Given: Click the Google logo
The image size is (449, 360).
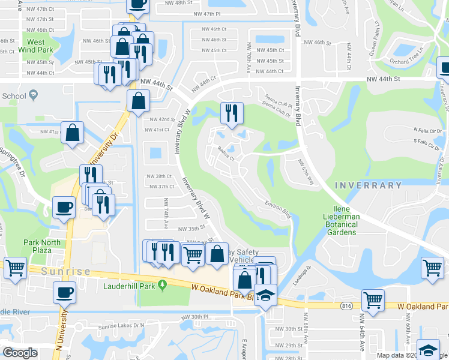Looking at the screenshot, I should [x=20, y=353].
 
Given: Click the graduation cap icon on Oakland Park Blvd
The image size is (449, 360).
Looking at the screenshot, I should [x=265, y=296].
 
